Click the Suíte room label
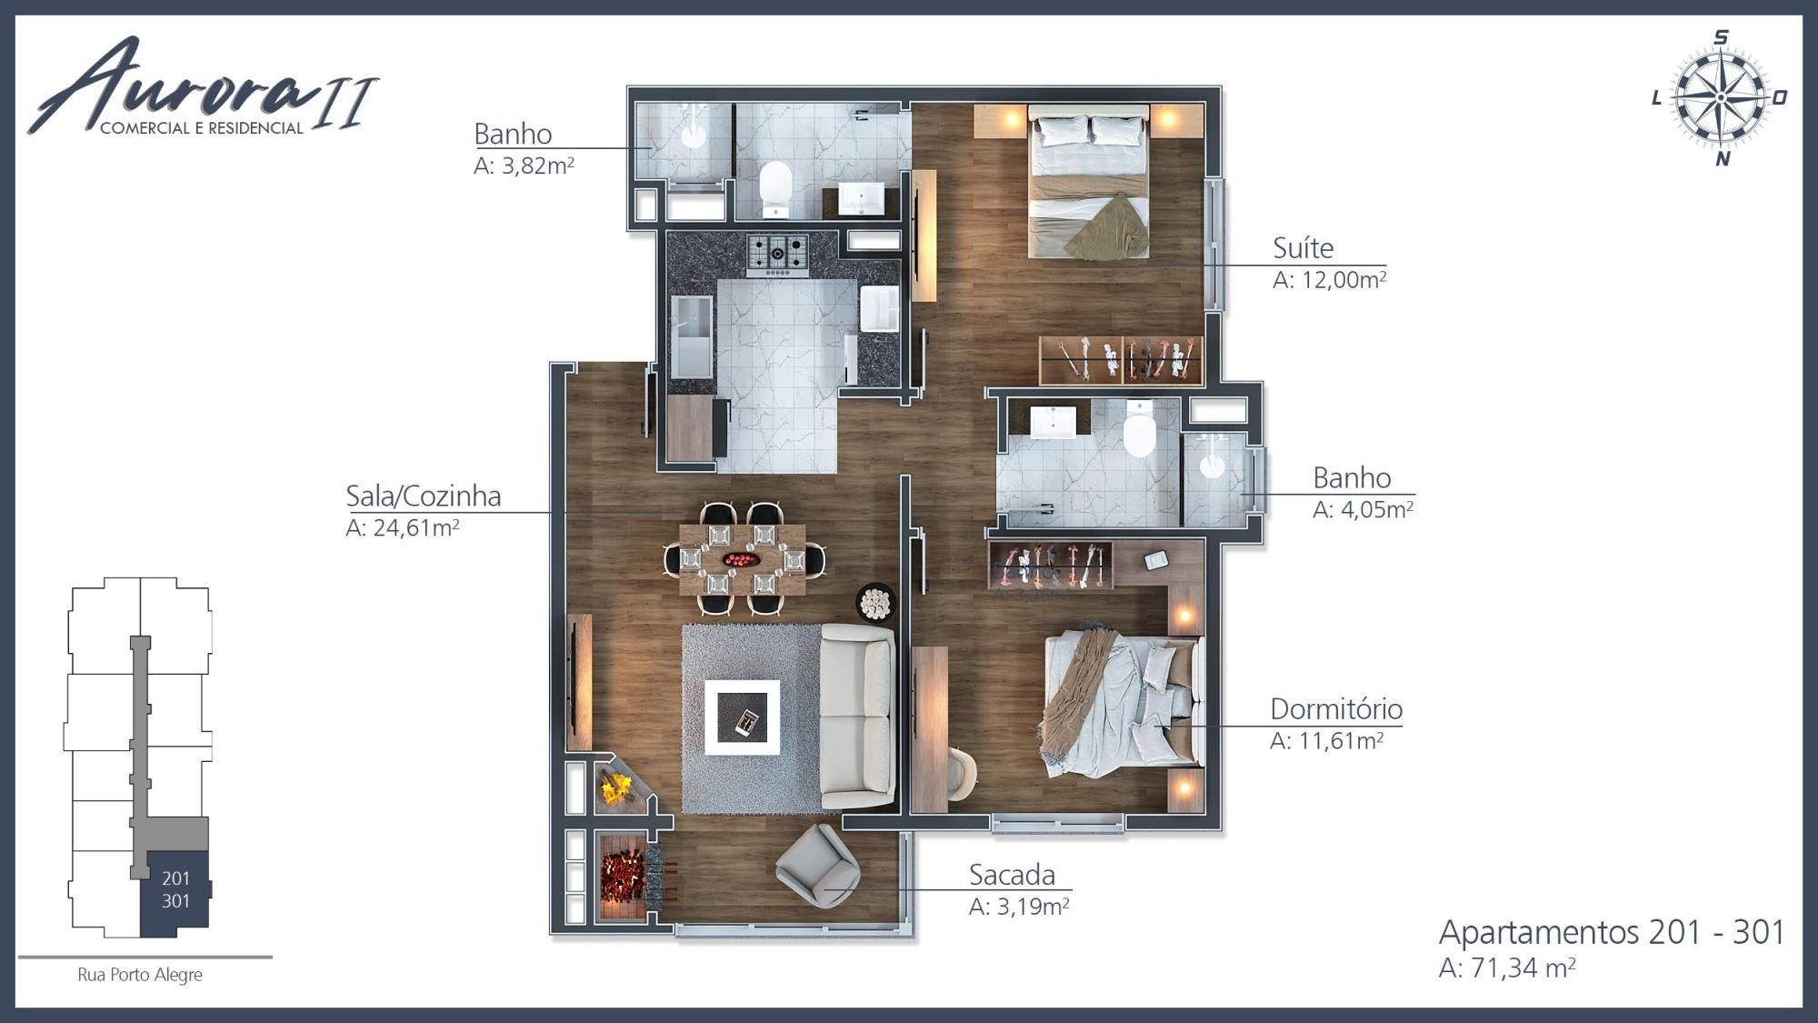[x=1303, y=248]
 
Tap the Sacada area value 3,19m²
[x=1019, y=907]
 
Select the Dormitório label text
[x=1335, y=708]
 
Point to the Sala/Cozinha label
[x=423, y=496]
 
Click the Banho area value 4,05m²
[x=1363, y=509]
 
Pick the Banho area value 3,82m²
[x=524, y=165]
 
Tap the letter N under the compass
[x=1722, y=159]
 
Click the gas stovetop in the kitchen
[x=777, y=254]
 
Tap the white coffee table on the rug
[x=742, y=717]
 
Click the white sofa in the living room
[x=857, y=716]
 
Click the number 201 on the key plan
[x=175, y=878]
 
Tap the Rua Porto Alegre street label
[x=140, y=975]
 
